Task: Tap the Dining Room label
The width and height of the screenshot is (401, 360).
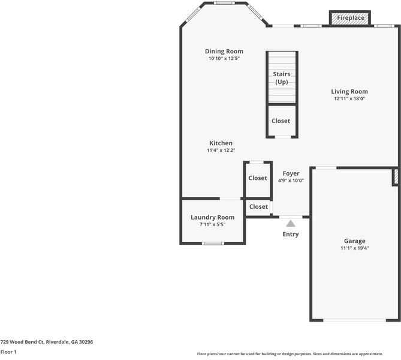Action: tap(224, 52)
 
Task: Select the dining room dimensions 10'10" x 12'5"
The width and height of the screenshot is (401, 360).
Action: tap(224, 59)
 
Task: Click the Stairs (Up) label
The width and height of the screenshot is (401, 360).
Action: tap(282, 78)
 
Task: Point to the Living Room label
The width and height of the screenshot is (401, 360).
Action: tap(349, 92)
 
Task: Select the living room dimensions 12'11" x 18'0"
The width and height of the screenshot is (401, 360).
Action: tap(349, 99)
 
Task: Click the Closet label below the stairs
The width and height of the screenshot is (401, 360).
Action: tap(281, 121)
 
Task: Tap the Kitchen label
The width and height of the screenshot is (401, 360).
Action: tap(221, 143)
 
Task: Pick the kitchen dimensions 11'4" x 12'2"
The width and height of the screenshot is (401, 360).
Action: tap(221, 151)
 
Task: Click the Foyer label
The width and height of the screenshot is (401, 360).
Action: tap(291, 173)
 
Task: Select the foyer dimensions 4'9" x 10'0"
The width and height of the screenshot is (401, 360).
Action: tap(291, 181)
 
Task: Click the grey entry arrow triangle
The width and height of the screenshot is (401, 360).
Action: tap(290, 223)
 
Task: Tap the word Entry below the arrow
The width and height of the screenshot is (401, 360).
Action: tap(290, 234)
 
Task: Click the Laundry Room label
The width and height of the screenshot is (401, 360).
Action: tap(212, 217)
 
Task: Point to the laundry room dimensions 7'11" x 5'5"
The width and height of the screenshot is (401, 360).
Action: tap(212, 224)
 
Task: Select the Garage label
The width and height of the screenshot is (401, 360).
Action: tap(354, 241)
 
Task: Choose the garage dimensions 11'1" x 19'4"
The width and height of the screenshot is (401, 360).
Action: tap(354, 248)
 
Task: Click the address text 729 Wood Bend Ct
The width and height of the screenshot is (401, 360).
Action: tap(47, 341)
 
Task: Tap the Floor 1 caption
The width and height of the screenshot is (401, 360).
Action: tap(8, 352)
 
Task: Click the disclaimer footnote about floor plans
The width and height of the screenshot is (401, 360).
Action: tap(298, 354)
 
